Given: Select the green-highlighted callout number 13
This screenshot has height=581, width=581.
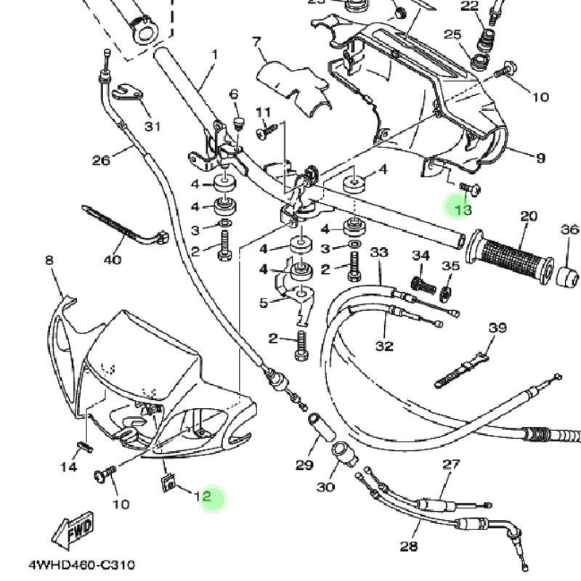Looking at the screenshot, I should click(463, 210).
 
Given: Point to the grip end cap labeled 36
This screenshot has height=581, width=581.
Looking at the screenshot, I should click(569, 277).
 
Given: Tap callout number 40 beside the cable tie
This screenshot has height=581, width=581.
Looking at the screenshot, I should click(113, 259).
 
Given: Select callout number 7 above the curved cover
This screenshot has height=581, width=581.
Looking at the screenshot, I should click(256, 41).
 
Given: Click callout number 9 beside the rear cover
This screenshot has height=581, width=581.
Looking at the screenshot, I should click(540, 158).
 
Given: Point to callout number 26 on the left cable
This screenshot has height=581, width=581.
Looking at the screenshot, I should click(101, 160).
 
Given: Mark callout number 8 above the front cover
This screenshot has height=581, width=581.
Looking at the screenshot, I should click(49, 261).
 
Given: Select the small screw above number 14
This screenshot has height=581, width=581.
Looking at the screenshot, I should click(81, 445).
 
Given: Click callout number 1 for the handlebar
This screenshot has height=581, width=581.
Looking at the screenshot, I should click(215, 54).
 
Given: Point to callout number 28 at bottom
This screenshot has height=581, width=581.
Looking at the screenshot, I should click(409, 546).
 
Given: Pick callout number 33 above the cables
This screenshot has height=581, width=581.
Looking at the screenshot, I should click(379, 253).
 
